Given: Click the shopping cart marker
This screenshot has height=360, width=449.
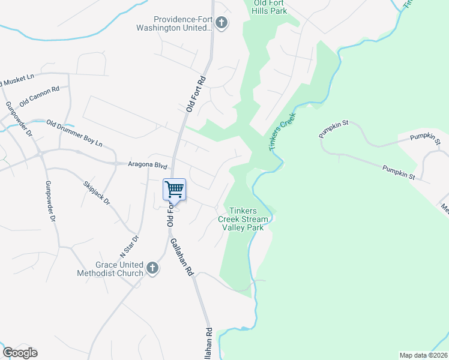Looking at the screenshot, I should point(175,190).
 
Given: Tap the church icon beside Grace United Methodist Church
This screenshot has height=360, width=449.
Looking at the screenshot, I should point(152,268).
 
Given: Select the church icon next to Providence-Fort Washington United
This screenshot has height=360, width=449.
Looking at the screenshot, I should point(221,23).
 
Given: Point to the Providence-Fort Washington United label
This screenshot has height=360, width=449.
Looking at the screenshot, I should point(183,23).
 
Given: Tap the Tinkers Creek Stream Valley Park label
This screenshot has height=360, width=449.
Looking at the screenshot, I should point(243,219).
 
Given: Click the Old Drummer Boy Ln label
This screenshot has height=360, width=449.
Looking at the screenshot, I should point(75,134).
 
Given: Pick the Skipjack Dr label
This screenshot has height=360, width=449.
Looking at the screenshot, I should point(97,192).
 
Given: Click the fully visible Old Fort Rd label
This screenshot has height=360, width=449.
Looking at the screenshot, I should point(196,94).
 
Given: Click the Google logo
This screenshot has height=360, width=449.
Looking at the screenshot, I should point(20,353).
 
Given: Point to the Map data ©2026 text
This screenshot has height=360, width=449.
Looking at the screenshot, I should point(423,355).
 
